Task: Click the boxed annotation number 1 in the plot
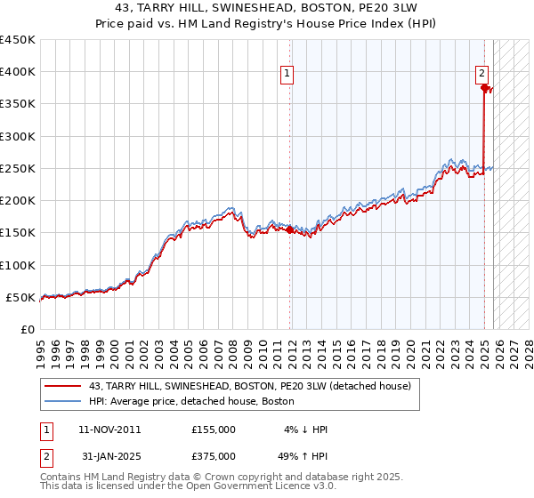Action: click(x=289, y=75)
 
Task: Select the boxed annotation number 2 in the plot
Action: click(x=481, y=75)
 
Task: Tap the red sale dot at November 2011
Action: click(x=290, y=229)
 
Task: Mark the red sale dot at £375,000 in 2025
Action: click(x=484, y=87)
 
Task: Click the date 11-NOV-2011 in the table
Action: click(x=109, y=430)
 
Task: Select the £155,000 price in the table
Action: click(x=214, y=430)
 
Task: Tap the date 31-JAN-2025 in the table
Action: click(x=109, y=456)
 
